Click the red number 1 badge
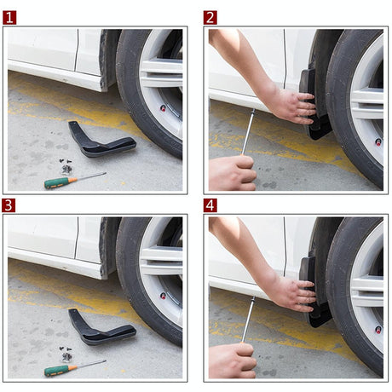click(x=9, y=17)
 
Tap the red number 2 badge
click(x=210, y=17)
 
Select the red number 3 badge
click(x=9, y=205)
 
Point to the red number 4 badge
click(x=210, y=205)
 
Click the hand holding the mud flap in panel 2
click(x=290, y=105)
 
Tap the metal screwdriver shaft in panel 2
click(x=248, y=132)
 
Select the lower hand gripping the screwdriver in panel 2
click(x=232, y=172)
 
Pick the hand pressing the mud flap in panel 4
click(x=290, y=292)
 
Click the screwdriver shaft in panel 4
click(x=248, y=320)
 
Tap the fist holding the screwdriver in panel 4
click(x=232, y=360)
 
